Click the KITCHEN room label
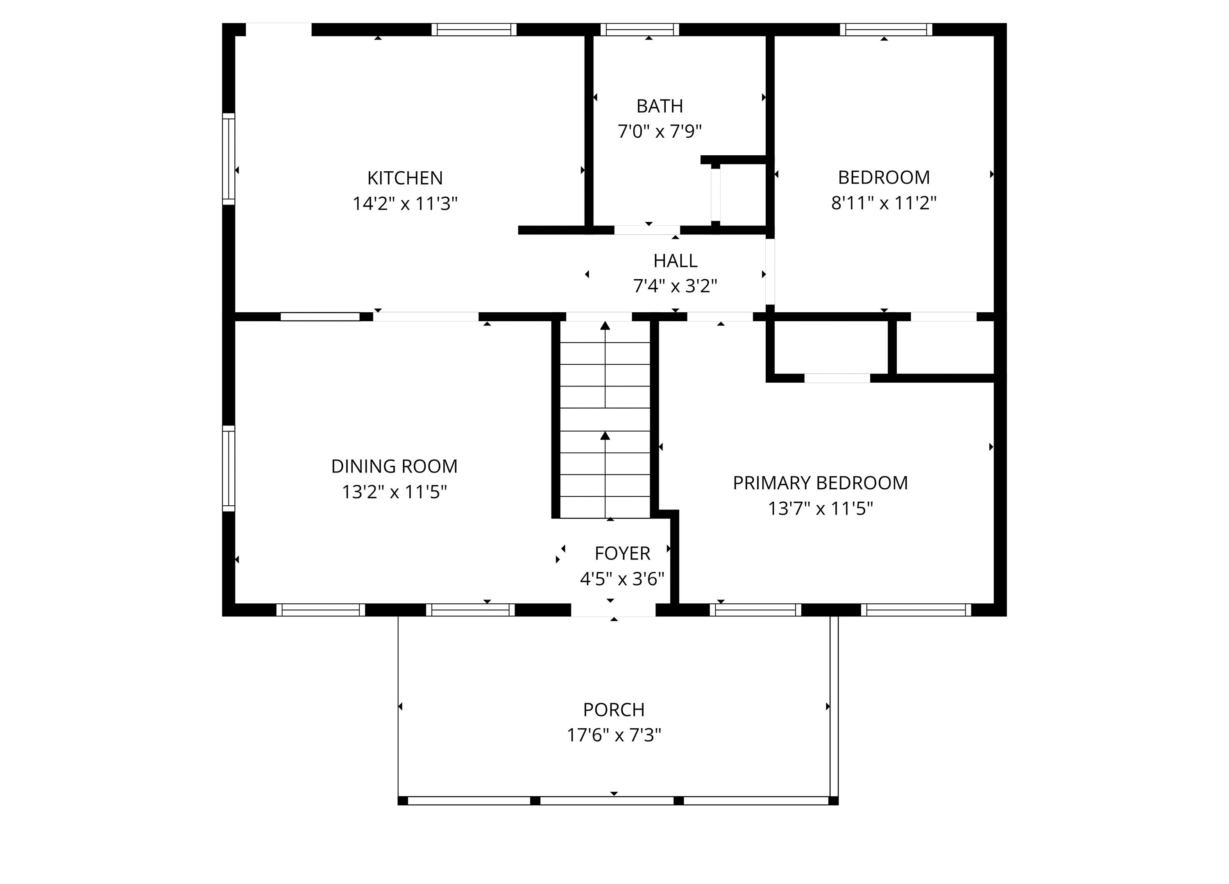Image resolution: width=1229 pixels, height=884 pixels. point(405,178)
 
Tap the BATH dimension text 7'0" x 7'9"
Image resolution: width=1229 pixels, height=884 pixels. point(660,131)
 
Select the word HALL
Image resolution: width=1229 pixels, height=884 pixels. point(675,261)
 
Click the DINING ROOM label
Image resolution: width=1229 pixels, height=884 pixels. point(394,466)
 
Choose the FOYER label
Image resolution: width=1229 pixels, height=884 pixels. point(622,553)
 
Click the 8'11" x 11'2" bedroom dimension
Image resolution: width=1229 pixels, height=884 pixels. point(884,203)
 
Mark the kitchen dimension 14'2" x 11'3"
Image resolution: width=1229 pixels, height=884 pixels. point(405,204)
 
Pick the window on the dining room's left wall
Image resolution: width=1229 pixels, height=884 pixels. point(229,468)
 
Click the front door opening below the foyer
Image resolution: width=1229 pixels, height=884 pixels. point(613,610)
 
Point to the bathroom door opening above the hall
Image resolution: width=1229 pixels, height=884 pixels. point(647,230)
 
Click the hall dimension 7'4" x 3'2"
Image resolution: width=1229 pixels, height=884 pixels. point(675,286)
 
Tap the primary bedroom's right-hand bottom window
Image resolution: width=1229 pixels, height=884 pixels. point(916,610)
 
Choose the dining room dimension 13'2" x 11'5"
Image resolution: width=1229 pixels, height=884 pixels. point(394,492)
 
